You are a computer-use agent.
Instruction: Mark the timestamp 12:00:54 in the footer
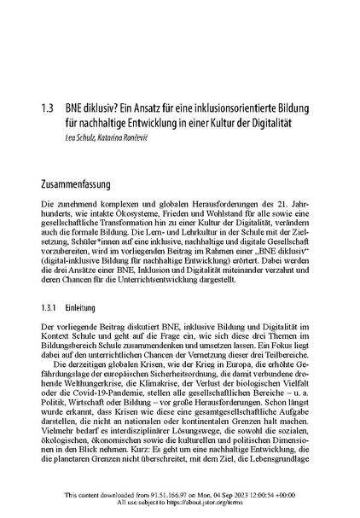point(273,494)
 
